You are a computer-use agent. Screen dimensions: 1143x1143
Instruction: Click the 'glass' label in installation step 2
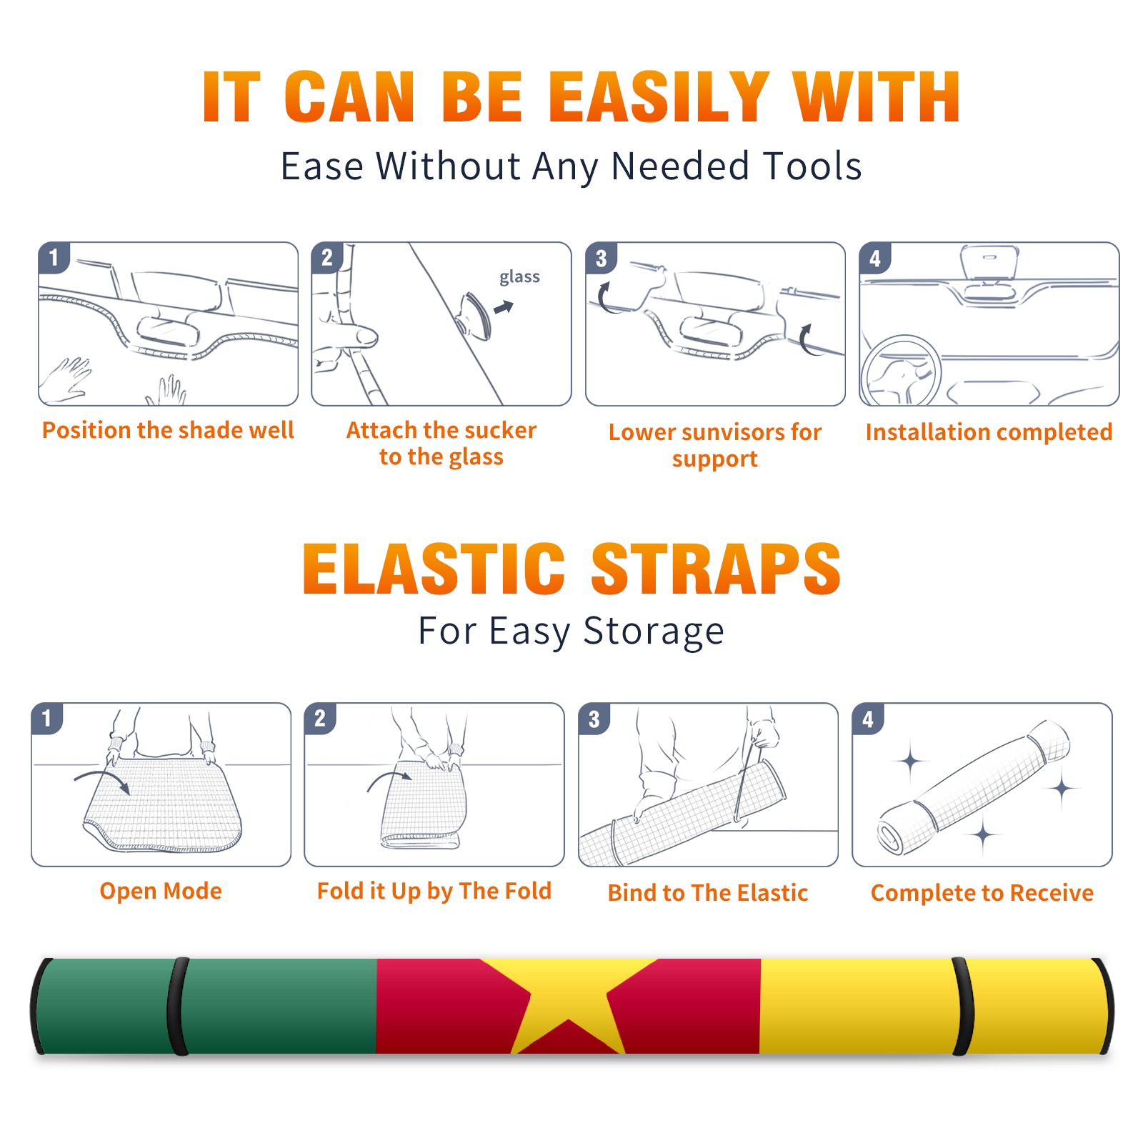click(x=519, y=276)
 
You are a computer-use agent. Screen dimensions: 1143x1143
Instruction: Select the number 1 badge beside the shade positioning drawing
click(x=54, y=256)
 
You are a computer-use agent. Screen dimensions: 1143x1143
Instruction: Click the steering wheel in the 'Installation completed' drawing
click(x=900, y=371)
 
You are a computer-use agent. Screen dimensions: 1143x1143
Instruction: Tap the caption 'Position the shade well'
click(x=168, y=430)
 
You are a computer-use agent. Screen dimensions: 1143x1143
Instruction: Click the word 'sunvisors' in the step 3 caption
click(x=733, y=431)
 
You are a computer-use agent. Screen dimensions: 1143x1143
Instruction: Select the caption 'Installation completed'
click(x=989, y=432)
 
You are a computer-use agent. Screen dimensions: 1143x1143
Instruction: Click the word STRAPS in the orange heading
click(x=716, y=569)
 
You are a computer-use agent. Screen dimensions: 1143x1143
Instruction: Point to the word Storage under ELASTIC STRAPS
click(x=654, y=632)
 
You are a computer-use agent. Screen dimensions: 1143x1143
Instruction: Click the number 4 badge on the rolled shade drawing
click(x=868, y=719)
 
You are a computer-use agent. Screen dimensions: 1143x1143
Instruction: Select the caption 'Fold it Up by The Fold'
click(x=434, y=891)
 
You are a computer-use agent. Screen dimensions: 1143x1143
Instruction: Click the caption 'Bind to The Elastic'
click(x=708, y=893)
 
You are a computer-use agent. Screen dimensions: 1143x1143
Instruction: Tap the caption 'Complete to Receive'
click(x=982, y=893)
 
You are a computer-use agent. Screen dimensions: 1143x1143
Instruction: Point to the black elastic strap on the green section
click(x=178, y=1006)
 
